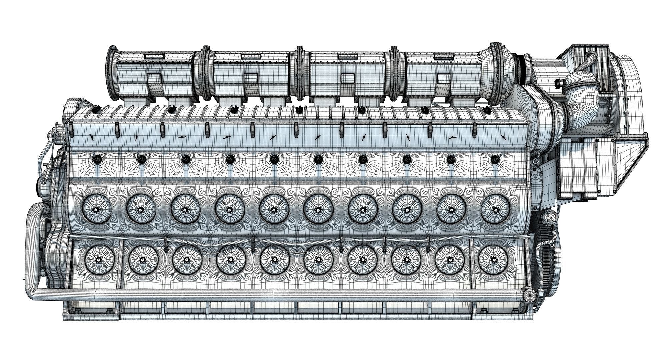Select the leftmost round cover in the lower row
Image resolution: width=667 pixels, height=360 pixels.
[98, 260]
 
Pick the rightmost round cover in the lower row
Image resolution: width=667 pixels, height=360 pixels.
[493, 260]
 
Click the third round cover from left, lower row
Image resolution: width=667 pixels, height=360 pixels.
[186, 260]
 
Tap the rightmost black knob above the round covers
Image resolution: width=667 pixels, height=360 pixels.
[494, 160]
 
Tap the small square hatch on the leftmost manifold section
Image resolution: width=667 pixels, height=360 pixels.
[154, 79]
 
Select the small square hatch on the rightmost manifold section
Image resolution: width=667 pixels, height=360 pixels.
[444, 79]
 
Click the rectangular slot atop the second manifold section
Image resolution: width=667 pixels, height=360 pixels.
[248, 56]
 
